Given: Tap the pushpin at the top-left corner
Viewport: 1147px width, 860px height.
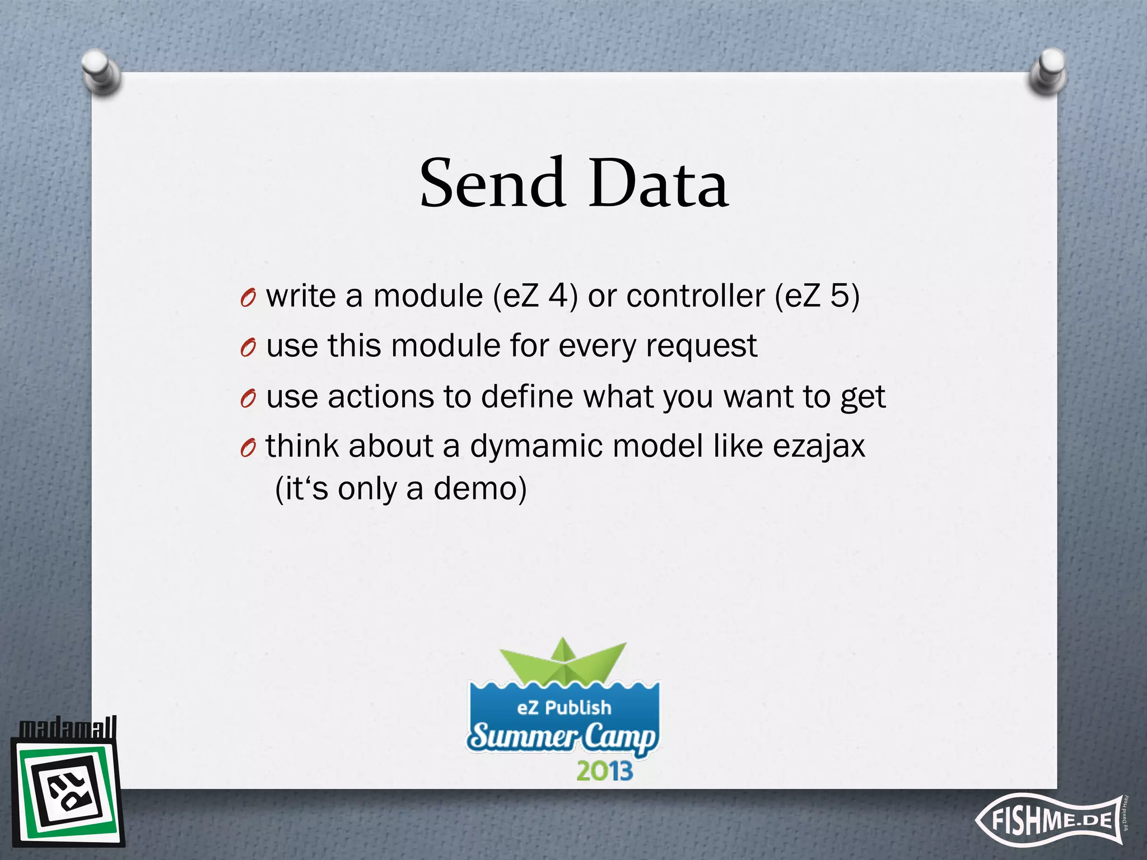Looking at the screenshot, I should pos(101,72).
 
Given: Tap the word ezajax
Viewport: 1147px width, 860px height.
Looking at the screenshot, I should pos(819,447).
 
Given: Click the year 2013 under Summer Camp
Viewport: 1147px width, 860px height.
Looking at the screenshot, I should pos(604,771).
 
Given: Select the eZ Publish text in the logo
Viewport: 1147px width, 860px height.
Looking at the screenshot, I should pos(563,708).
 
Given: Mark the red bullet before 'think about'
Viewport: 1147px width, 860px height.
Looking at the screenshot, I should pos(248,448).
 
